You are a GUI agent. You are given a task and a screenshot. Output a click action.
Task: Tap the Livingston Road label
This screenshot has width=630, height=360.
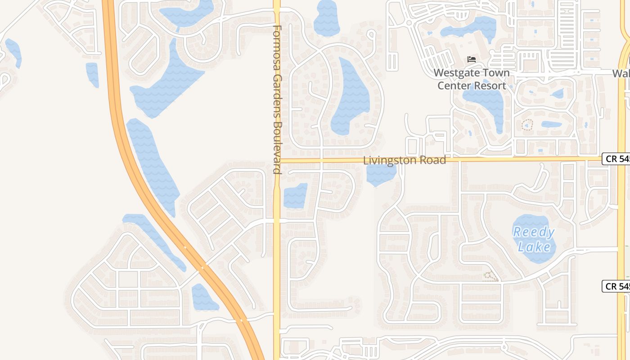click(405, 160)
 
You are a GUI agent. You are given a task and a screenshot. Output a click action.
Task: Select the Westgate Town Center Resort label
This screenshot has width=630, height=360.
click(472, 79)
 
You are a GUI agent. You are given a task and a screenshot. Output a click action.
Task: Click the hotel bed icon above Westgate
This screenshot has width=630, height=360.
click(472, 59)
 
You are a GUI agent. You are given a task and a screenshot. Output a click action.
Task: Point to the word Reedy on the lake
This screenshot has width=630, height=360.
click(534, 232)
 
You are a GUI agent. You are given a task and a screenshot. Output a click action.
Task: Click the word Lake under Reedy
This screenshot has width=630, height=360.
click(534, 247)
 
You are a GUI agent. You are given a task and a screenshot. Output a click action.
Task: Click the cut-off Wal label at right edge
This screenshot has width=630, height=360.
click(621, 73)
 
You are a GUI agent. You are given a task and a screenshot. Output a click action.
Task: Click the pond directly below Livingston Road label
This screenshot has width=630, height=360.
click(380, 175)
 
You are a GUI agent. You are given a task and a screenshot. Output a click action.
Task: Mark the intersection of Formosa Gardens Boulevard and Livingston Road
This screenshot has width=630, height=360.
click(277, 160)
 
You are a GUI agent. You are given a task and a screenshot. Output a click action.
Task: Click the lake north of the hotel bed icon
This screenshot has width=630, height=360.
click(470, 28)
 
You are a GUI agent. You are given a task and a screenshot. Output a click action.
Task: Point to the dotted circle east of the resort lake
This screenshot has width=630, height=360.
click(527, 125)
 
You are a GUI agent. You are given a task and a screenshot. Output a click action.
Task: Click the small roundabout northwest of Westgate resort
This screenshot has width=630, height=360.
click(409, 22)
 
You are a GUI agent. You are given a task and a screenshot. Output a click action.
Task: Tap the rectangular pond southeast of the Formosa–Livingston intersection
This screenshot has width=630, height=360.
click(295, 196)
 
